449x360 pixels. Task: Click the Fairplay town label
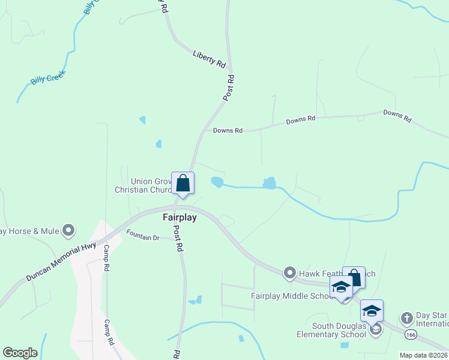pyautogui.click(x=179, y=217)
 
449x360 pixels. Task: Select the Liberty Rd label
pyautogui.click(x=209, y=58)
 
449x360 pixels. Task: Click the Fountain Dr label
pyautogui.click(x=142, y=238)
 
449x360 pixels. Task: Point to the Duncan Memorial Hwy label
pyautogui.click(x=61, y=262)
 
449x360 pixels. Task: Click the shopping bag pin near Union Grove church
pyautogui.click(x=182, y=184)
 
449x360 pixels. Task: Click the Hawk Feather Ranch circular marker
pyautogui.click(x=289, y=274)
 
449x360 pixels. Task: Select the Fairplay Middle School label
pyautogui.click(x=292, y=296)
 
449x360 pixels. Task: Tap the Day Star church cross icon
pyautogui.click(x=407, y=317)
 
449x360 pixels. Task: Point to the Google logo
pyautogui.click(x=20, y=353)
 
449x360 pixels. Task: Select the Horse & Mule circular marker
pyautogui.click(x=68, y=230)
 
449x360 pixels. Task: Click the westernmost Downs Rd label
pyautogui.click(x=228, y=130)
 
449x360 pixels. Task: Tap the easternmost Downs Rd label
pyautogui.click(x=397, y=116)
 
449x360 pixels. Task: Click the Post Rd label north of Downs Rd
pyautogui.click(x=229, y=88)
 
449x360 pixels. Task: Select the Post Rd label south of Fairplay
pyautogui.click(x=178, y=238)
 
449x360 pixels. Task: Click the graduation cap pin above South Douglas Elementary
pyautogui.click(x=372, y=311)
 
